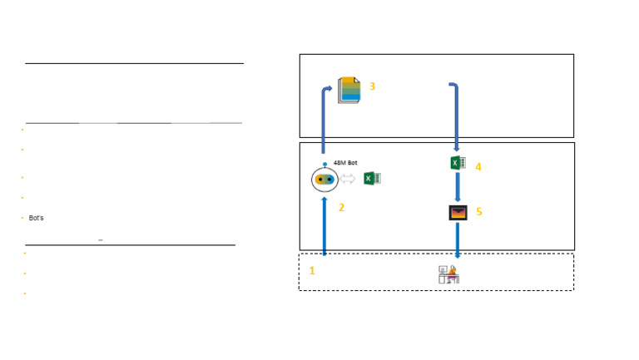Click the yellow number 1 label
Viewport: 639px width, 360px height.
pos(312,271)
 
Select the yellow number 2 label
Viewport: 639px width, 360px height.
pos(341,208)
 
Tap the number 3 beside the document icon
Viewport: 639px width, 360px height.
pos(372,86)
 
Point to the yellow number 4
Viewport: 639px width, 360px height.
pos(478,167)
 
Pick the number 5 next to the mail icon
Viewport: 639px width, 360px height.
pos(479,212)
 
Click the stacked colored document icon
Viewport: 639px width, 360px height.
pos(349,90)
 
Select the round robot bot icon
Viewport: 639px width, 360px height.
pos(324,180)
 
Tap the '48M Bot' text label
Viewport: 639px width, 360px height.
pos(345,163)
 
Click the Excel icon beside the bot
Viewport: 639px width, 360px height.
pos(372,179)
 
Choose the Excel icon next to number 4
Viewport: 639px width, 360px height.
pos(458,163)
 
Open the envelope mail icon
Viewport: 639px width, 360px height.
pos(458,213)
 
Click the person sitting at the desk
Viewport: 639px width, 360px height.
pos(449,274)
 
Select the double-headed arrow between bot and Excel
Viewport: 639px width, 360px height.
pos(347,179)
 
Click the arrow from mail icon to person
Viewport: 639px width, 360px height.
pos(458,240)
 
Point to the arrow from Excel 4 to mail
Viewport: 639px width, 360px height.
pos(458,187)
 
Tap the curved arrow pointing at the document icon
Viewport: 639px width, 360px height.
pos(324,118)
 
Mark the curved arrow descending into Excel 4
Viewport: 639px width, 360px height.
pos(457,116)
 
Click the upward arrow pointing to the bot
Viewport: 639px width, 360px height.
pos(324,226)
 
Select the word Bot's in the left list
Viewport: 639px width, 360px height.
pos(37,218)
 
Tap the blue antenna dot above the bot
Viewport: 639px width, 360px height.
pos(324,164)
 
